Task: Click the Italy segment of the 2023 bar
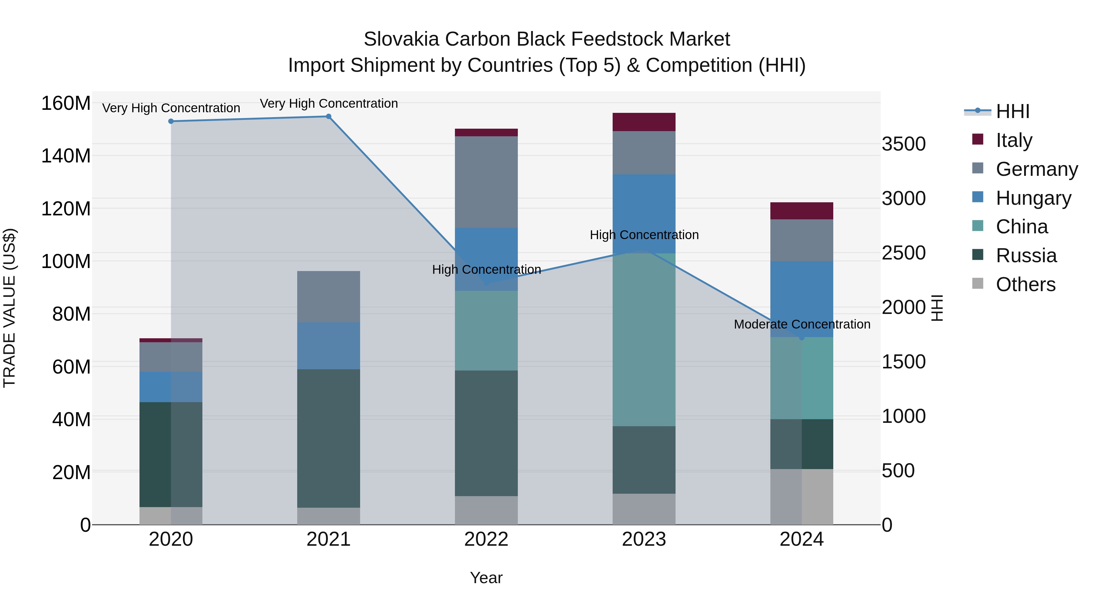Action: pyautogui.click(x=644, y=122)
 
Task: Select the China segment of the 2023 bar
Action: pyautogui.click(x=644, y=340)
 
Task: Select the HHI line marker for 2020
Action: pyautogui.click(x=171, y=121)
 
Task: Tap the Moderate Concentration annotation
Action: pyautogui.click(x=801, y=324)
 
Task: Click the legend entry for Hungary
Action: pyautogui.click(x=1033, y=198)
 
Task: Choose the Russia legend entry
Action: pyautogui.click(x=1026, y=256)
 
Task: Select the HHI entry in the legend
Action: pyautogui.click(x=1013, y=111)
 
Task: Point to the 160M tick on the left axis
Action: pyautogui.click(x=66, y=103)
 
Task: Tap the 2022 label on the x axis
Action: pyautogui.click(x=486, y=539)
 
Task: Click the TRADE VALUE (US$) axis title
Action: pyautogui.click(x=10, y=308)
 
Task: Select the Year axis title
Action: pyautogui.click(x=486, y=578)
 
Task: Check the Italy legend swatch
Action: pyautogui.click(x=978, y=139)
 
